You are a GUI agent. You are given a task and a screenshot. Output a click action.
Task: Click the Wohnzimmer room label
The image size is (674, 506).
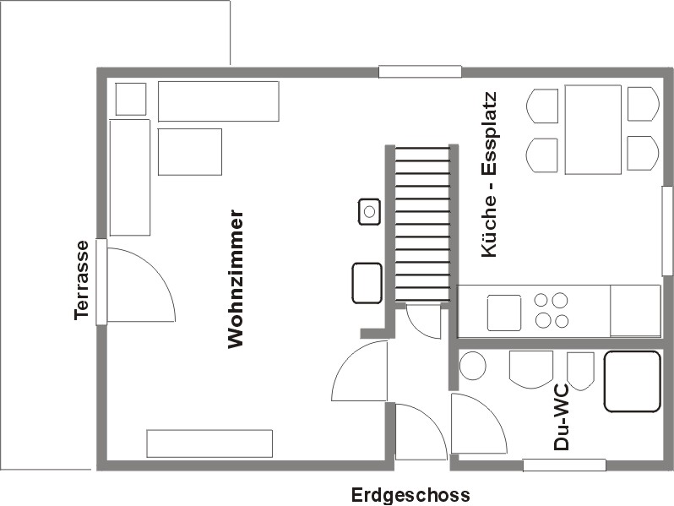[x=236, y=279]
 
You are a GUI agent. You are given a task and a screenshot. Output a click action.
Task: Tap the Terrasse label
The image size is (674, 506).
[x=81, y=280]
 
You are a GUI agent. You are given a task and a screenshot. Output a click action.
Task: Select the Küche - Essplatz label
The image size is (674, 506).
[x=489, y=175]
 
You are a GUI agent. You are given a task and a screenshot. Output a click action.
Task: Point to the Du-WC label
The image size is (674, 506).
[x=561, y=417]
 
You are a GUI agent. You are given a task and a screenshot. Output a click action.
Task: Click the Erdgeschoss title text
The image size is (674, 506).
[x=410, y=495]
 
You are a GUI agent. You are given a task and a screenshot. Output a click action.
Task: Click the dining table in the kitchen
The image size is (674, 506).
[x=593, y=129]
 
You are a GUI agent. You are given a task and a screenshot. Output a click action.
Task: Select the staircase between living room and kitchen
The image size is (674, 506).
[x=422, y=224]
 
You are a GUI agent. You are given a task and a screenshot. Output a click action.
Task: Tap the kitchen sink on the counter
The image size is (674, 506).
[x=504, y=313]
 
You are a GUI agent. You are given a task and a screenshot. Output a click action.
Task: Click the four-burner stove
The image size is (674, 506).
[x=552, y=310]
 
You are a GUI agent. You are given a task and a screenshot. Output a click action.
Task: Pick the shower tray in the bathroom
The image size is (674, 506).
[x=632, y=381]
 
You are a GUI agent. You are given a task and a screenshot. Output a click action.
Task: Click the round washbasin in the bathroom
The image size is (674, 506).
[x=473, y=366]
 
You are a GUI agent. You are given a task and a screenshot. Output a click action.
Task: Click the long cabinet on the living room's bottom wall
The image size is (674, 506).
[x=209, y=443]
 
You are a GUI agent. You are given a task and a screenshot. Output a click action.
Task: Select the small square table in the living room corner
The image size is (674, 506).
[x=131, y=100]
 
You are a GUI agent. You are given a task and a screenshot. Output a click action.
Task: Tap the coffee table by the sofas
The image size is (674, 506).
[x=190, y=152]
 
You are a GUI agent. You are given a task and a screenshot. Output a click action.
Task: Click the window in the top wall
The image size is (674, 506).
[x=420, y=71]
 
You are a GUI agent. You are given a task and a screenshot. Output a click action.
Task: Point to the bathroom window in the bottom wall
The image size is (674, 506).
[x=564, y=465]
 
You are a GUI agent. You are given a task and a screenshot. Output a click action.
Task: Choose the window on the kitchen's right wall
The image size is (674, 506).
[x=667, y=231]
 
